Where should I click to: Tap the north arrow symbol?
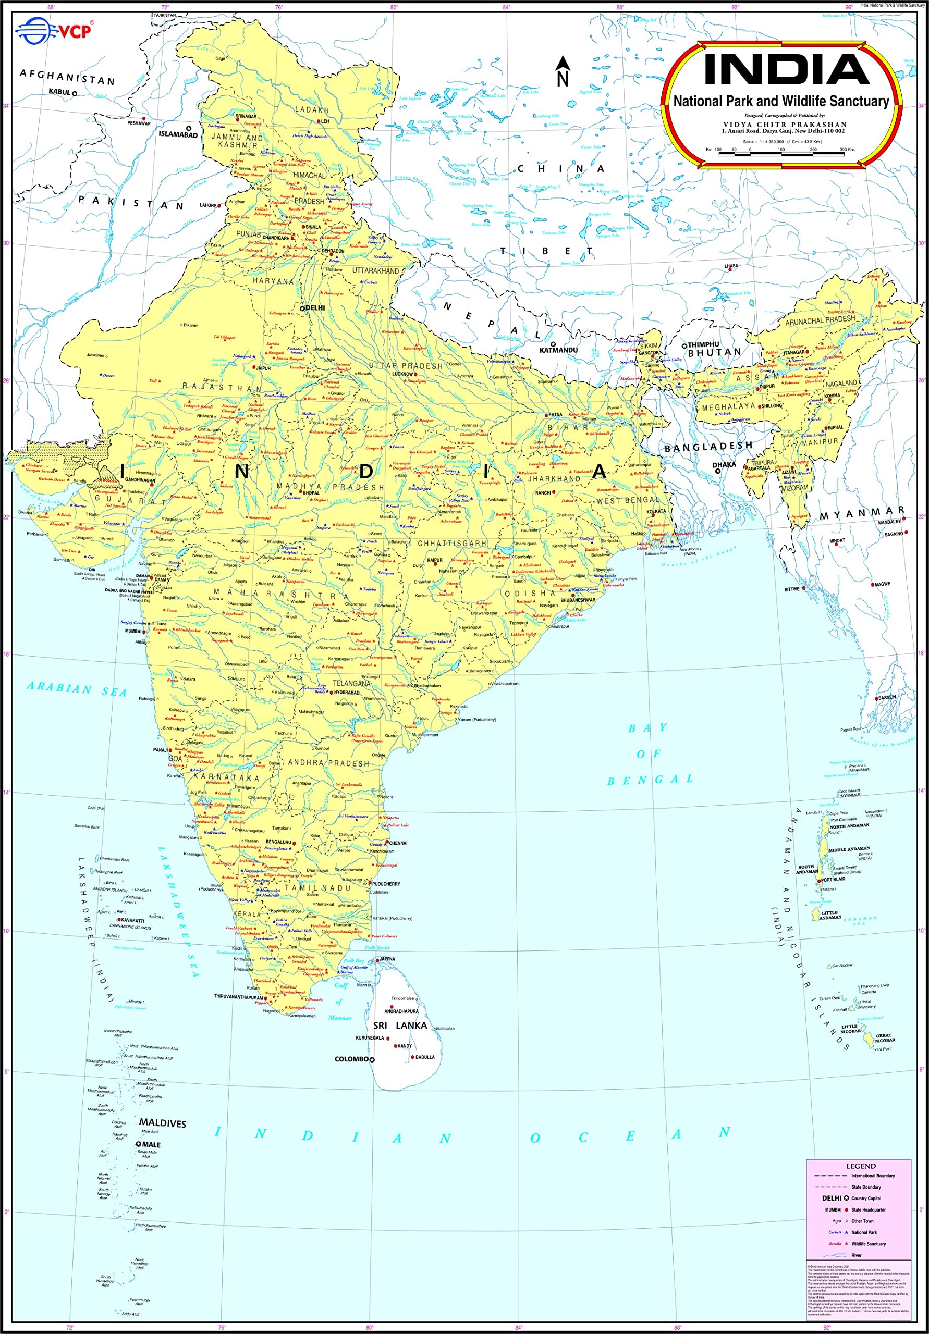(562, 71)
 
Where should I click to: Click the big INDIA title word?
(786, 69)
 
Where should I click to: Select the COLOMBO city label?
(351, 1059)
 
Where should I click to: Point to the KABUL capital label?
(60, 92)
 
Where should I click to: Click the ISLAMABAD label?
(178, 135)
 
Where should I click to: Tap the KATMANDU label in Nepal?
(558, 350)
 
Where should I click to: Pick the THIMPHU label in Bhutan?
(703, 344)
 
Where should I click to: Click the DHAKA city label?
(724, 465)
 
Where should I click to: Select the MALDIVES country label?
(163, 1123)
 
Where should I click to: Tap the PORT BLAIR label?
(835, 879)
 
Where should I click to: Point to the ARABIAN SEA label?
(77, 689)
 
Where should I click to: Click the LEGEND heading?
(860, 1166)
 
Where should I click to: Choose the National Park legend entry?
(863, 1232)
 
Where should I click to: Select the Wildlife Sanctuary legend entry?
(868, 1243)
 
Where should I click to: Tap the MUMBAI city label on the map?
(133, 631)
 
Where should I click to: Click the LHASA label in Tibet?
(731, 266)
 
